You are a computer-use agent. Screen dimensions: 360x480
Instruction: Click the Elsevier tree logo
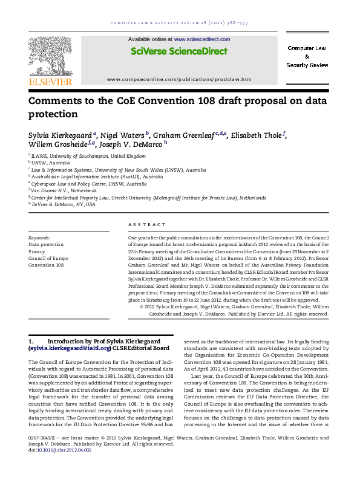50,55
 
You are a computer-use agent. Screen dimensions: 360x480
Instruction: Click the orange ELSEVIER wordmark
50,82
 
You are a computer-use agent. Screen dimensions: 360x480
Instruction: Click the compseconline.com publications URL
178,79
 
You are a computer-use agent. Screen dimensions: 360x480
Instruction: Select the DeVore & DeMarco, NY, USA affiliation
64,204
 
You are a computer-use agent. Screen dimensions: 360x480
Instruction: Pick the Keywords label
39,238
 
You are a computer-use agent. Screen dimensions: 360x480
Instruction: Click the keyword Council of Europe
48,258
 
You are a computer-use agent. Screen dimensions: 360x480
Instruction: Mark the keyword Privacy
37,251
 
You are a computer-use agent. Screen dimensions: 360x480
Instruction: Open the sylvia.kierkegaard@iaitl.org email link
70,348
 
